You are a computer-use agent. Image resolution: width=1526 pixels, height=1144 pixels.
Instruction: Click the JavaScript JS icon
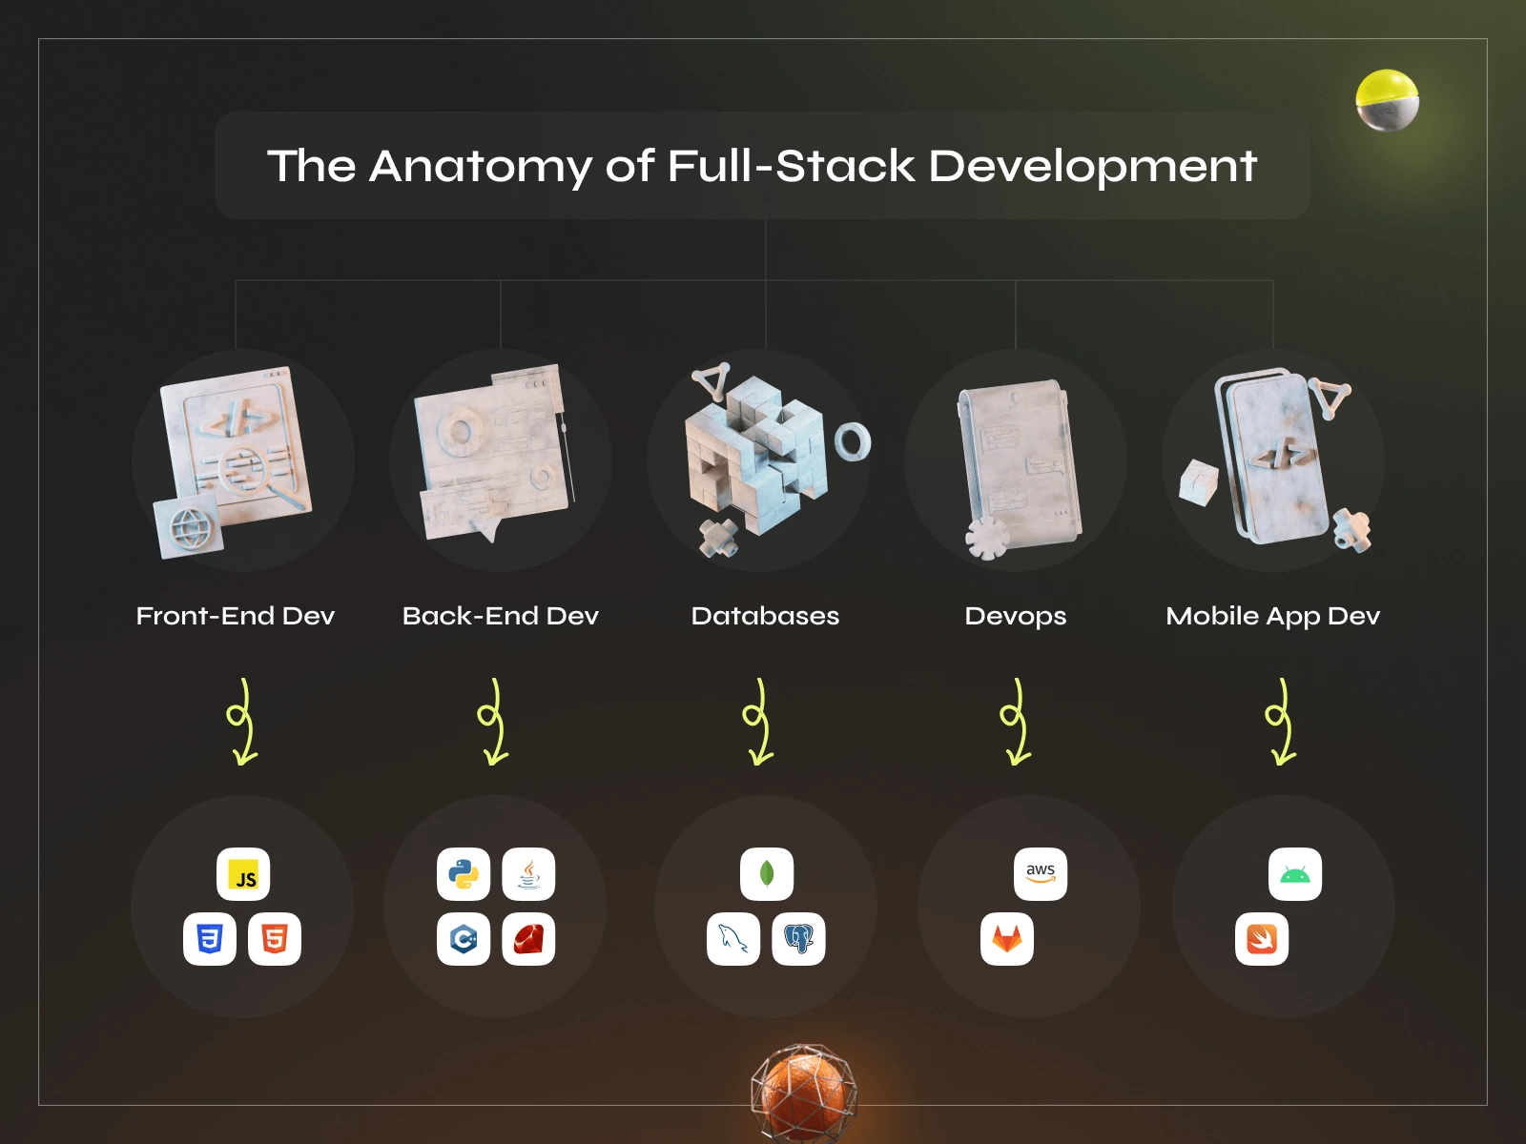[x=243, y=874]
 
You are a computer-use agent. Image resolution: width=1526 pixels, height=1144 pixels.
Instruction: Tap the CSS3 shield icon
[x=210, y=939]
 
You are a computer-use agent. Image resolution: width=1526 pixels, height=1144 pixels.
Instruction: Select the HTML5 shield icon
[x=275, y=939]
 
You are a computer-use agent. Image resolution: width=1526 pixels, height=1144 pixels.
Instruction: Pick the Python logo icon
[x=464, y=874]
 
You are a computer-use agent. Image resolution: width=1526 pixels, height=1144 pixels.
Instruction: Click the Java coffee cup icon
[x=528, y=874]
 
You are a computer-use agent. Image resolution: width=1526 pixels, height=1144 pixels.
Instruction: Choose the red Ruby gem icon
[x=528, y=939]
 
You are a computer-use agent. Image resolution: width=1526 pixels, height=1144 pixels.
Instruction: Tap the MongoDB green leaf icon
[x=767, y=874]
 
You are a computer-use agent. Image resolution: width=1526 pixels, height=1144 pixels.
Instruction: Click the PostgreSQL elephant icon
[x=798, y=939]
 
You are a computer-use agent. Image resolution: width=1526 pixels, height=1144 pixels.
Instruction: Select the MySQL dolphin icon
[x=733, y=939]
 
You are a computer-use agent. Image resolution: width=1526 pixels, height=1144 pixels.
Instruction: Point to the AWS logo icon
[x=1041, y=874]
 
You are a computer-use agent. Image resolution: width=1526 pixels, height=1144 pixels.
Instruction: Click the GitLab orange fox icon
[x=1007, y=939]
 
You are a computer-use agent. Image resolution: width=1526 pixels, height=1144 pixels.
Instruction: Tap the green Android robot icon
[x=1295, y=874]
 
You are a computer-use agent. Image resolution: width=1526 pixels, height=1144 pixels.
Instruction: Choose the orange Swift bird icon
[x=1262, y=939]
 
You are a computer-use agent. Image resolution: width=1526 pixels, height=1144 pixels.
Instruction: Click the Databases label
[x=765, y=616]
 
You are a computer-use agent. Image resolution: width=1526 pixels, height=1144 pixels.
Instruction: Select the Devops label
[x=1015, y=616]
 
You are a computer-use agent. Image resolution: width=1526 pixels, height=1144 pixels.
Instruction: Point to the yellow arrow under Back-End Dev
[x=493, y=723]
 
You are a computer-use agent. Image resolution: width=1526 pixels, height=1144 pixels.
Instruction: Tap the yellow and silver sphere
[x=1387, y=100]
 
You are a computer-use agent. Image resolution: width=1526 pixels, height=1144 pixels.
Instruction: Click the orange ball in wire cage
[x=803, y=1092]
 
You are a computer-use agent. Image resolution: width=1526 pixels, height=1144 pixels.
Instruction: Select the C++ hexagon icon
[x=464, y=939]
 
